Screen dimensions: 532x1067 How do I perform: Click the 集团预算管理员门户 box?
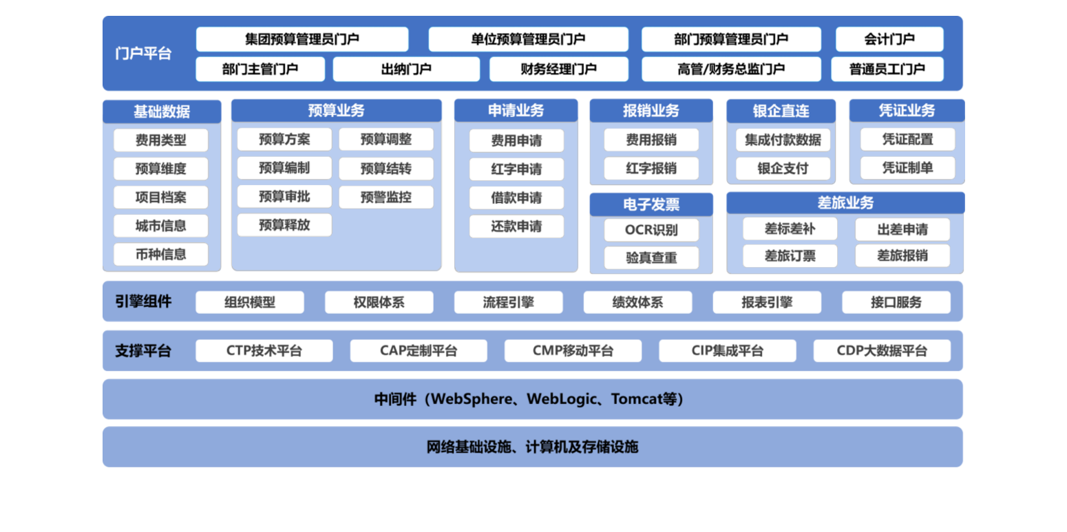pos(302,39)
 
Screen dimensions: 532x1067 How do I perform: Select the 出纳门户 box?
pos(406,69)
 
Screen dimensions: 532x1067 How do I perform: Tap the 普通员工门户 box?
pos(887,69)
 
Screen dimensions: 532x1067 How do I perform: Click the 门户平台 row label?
pos(143,54)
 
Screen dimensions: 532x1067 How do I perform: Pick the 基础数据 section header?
pos(162,111)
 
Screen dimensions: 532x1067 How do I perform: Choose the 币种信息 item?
pos(160,254)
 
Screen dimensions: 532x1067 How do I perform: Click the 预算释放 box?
pos(284,225)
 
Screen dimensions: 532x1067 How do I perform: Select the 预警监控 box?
pos(385,197)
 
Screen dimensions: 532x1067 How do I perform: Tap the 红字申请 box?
pos(516,169)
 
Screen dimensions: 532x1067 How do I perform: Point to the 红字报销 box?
pos(651,169)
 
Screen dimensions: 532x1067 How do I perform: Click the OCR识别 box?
pos(651,230)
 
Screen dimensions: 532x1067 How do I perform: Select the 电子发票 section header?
pos(651,204)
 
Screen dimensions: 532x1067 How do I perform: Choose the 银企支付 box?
pos(783,169)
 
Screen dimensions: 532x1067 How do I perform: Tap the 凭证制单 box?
pos(907,168)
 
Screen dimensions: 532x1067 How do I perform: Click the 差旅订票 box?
pos(790,256)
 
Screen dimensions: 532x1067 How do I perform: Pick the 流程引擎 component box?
pos(508,302)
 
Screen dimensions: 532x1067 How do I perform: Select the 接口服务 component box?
pos(896,302)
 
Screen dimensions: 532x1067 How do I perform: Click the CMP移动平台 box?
pos(573,351)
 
